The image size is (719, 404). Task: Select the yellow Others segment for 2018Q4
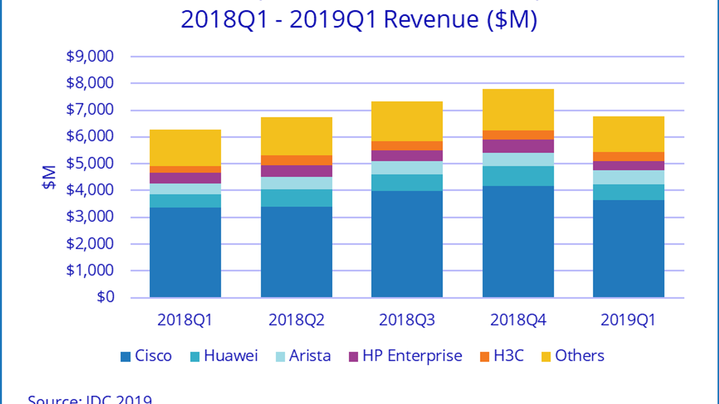tap(518, 110)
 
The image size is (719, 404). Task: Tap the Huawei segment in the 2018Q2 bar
tap(297, 198)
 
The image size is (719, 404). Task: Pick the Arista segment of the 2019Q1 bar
tap(629, 177)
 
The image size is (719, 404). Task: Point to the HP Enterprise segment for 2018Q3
tap(407, 156)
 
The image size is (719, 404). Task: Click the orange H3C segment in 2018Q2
tap(297, 160)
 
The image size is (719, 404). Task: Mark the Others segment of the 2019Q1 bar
tap(629, 134)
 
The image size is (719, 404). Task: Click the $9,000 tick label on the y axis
tap(90, 57)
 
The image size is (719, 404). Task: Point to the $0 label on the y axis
tap(106, 297)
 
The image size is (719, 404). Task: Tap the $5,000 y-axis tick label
tap(90, 163)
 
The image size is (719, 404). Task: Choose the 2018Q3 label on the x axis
tap(407, 320)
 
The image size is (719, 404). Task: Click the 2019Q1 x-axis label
tap(628, 320)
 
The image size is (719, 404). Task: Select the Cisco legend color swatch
tap(126, 357)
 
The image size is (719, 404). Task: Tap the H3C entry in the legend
tap(508, 356)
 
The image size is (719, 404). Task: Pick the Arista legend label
tap(310, 356)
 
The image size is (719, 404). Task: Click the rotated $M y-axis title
tap(49, 177)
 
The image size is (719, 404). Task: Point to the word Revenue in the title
tap(431, 20)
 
